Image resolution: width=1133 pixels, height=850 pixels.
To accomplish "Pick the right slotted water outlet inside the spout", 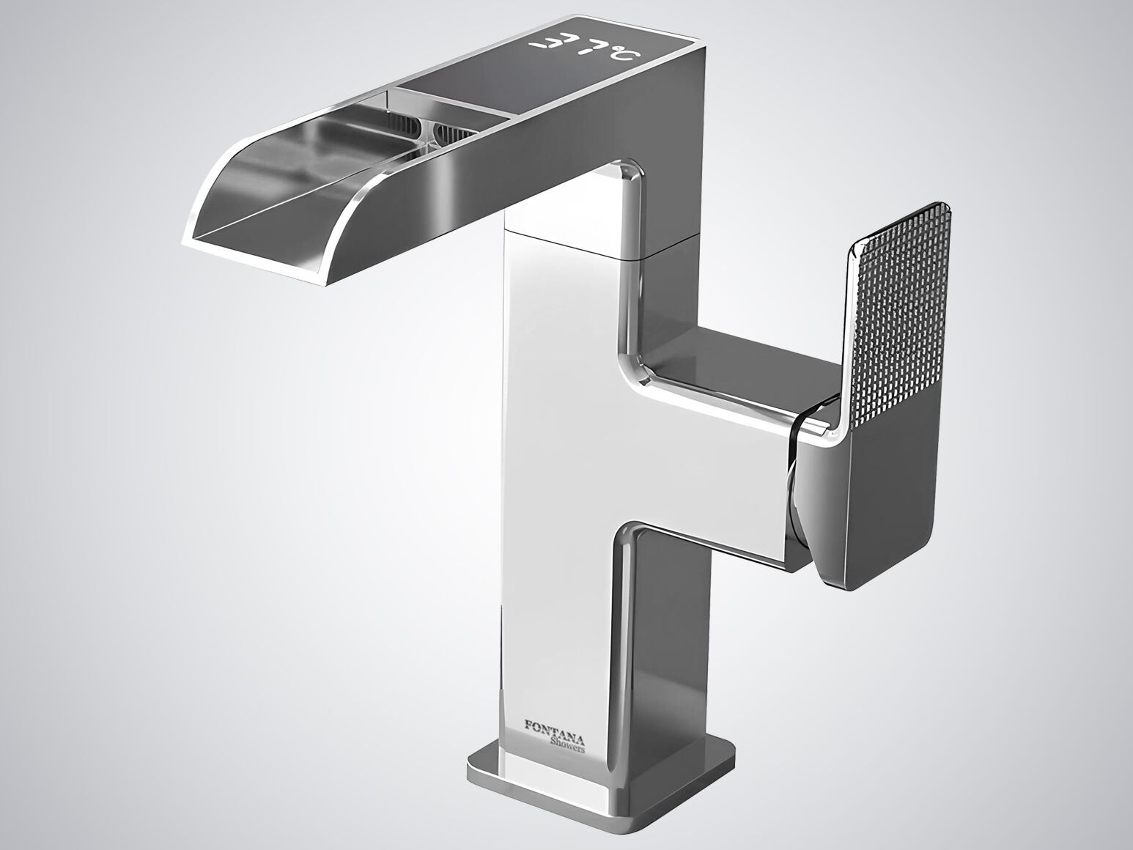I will (x=454, y=133).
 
